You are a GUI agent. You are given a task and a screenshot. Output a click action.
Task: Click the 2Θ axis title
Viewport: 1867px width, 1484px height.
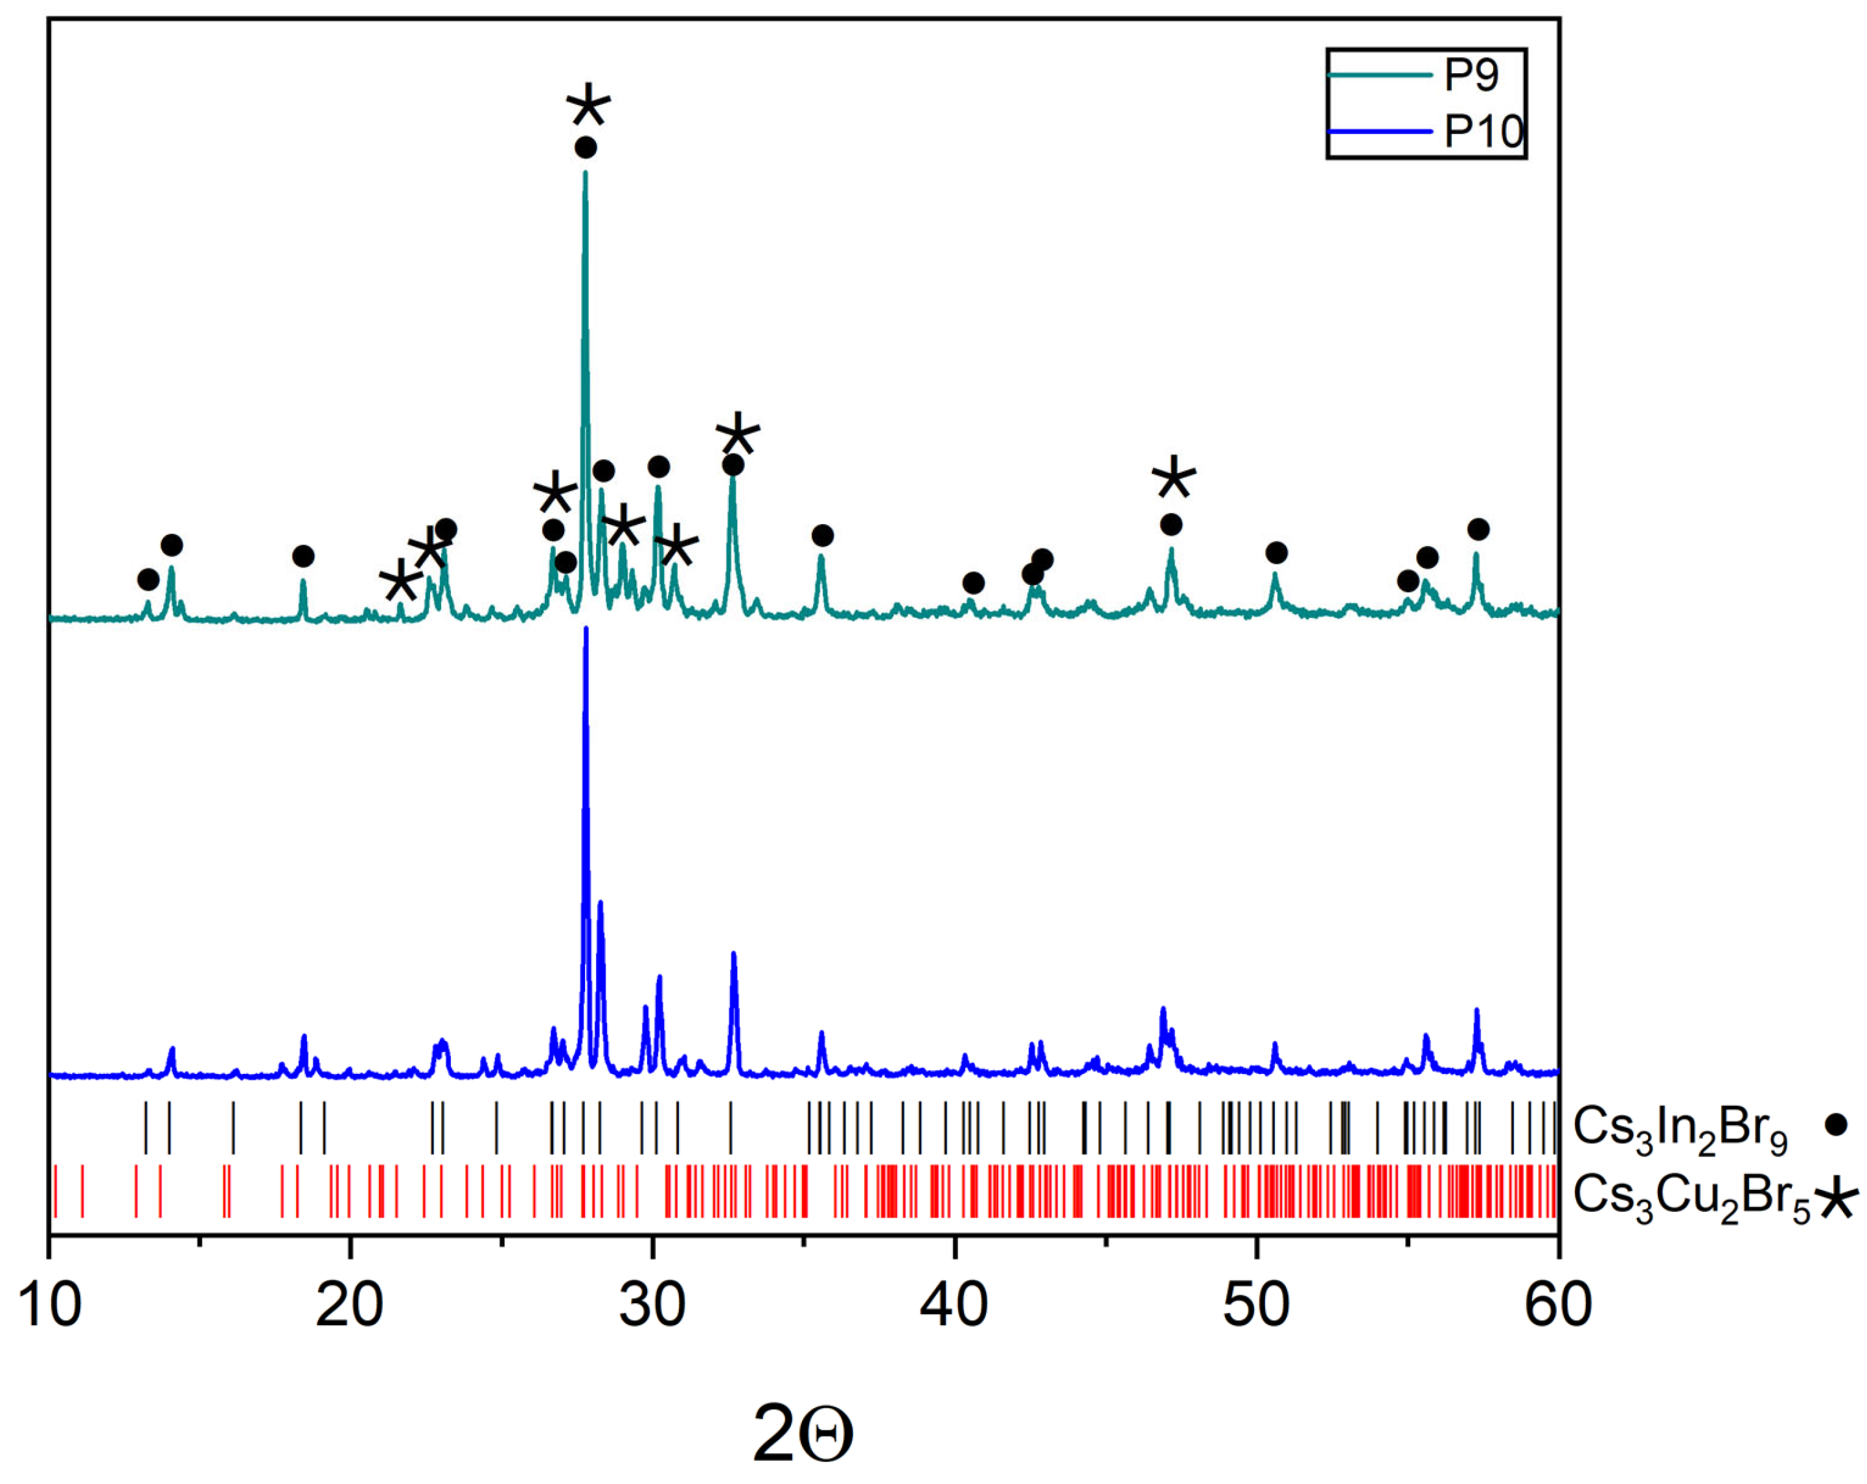pos(803,1433)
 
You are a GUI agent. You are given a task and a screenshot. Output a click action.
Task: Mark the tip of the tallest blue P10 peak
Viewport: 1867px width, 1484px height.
pos(586,628)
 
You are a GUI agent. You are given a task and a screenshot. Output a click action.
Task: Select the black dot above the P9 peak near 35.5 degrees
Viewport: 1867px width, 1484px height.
pos(823,536)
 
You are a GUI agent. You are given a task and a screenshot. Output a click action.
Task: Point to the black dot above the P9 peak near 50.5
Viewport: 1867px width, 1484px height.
pos(1276,553)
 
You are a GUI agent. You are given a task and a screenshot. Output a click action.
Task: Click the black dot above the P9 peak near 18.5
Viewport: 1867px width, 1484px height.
pos(303,556)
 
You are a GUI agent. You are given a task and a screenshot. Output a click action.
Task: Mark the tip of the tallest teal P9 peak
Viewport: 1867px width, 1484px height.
pos(586,172)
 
